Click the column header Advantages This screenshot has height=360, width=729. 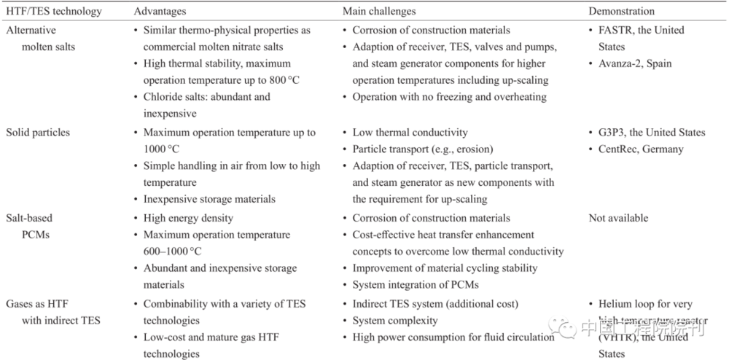(x=160, y=12)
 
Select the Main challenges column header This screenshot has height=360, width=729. (x=379, y=12)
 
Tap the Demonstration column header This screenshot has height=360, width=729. (x=622, y=12)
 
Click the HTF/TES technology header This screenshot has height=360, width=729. (x=54, y=12)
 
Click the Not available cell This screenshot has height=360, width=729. (x=618, y=218)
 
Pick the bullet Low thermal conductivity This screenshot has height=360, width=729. (x=410, y=133)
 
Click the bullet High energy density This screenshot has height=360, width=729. (x=188, y=218)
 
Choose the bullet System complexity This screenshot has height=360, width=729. (x=395, y=321)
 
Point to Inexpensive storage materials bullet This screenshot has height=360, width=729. (x=209, y=199)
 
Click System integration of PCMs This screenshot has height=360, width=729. (x=416, y=285)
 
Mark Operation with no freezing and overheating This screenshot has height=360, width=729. (x=448, y=97)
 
